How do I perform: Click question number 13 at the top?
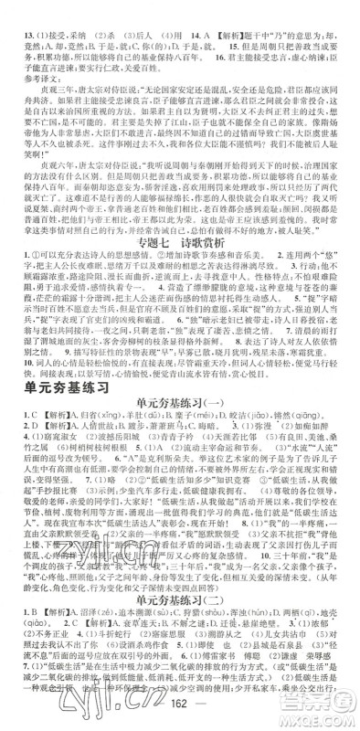[x=16, y=11]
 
